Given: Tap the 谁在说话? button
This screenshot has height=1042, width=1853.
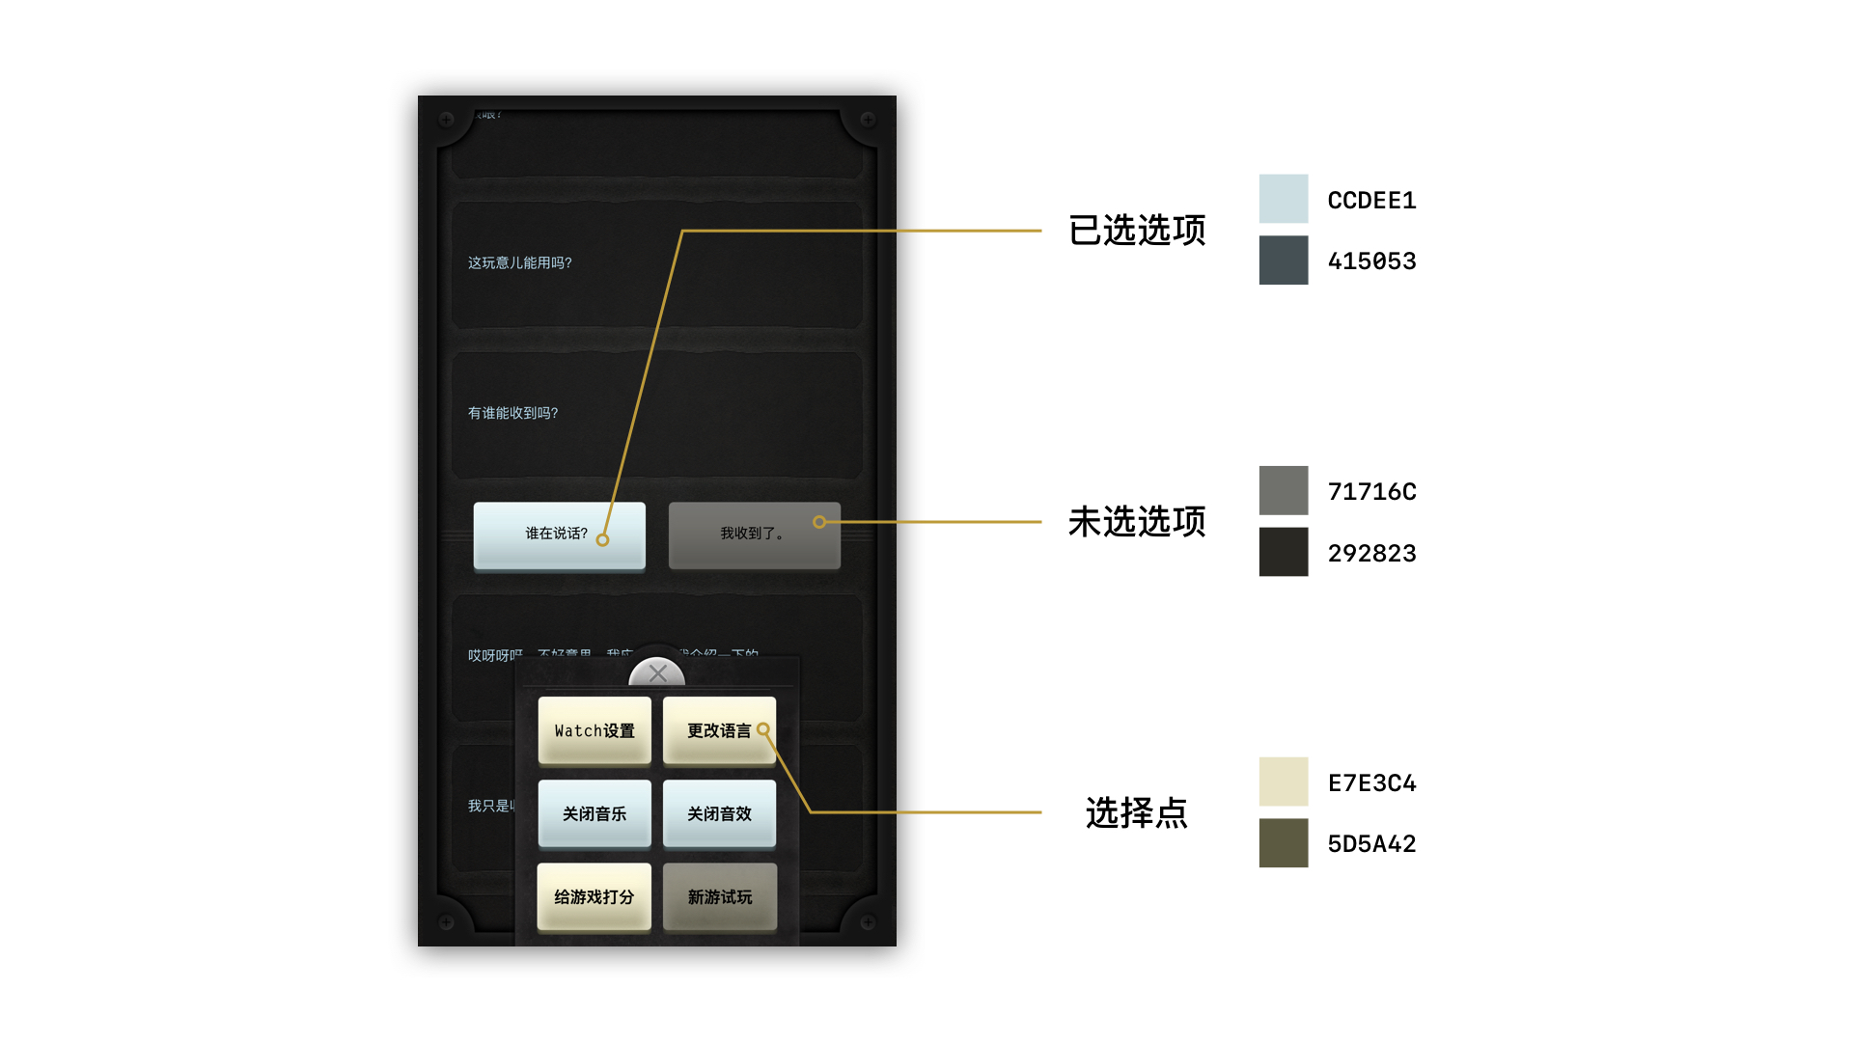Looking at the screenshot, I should coord(559,535).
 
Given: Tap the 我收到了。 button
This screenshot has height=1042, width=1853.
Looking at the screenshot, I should coord(754,535).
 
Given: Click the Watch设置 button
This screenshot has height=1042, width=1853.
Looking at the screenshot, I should coord(595,730).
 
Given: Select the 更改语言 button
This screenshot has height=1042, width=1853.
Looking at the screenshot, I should coord(719,730).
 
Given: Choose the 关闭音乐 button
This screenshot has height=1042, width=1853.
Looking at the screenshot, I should coord(595,813).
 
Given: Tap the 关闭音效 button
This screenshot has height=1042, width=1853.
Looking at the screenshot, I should coord(719,813).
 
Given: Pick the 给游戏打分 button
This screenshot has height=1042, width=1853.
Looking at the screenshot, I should coord(595,896).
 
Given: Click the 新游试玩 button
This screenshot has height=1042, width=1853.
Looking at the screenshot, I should coord(719,896).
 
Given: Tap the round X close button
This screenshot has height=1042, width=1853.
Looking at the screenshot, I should coord(657,673).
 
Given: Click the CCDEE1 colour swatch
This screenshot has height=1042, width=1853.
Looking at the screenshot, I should coord(1283,199).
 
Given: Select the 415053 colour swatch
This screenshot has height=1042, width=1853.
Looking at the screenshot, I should coord(1283,260).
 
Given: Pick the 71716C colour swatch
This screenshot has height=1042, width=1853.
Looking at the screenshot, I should coord(1283,490).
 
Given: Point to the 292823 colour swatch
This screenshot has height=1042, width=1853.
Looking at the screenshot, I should coord(1283,552).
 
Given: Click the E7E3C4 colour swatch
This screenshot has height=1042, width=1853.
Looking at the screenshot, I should coord(1283,781).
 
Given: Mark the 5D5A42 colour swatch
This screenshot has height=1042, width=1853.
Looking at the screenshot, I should coord(1283,843).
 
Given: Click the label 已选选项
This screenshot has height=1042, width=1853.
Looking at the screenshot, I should coord(1137,231).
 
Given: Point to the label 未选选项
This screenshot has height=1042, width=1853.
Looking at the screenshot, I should coord(1137,522).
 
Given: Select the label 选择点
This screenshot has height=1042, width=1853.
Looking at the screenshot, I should coord(1137,813).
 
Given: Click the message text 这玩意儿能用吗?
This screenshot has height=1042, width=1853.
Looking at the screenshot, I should coord(520,262).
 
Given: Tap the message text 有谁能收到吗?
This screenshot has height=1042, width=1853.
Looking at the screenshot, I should coord(513,413).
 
